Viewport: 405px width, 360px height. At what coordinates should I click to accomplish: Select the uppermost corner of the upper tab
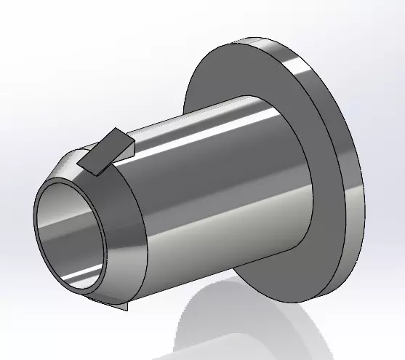[x=117, y=129]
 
